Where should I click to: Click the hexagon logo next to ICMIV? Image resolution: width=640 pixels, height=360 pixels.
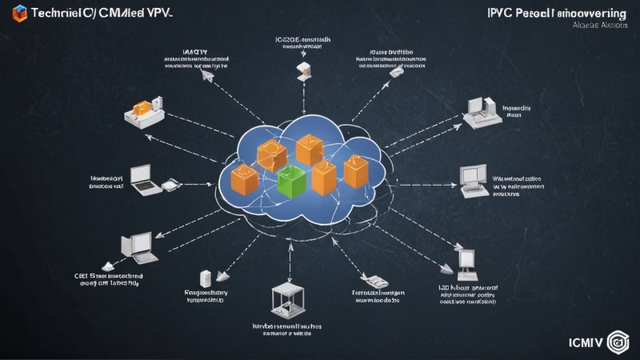point(619,340)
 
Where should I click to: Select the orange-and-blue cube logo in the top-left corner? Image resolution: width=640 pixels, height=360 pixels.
point(20,11)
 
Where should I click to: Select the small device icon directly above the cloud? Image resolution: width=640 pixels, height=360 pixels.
point(303,70)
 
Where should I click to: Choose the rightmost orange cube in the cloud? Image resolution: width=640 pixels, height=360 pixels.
point(355,169)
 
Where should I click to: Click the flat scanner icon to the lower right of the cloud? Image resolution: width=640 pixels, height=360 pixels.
point(373,280)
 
